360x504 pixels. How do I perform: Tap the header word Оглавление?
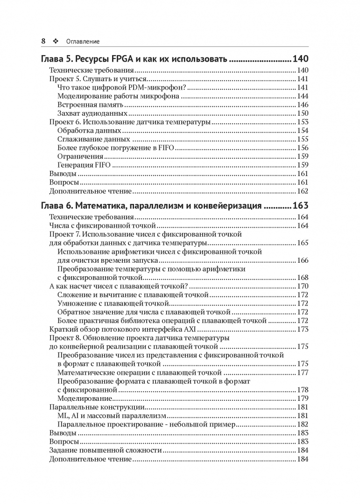point(83,41)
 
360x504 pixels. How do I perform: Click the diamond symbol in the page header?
point(56,41)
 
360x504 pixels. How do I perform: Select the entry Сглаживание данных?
point(93,139)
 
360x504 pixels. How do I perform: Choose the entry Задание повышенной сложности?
point(106,450)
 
